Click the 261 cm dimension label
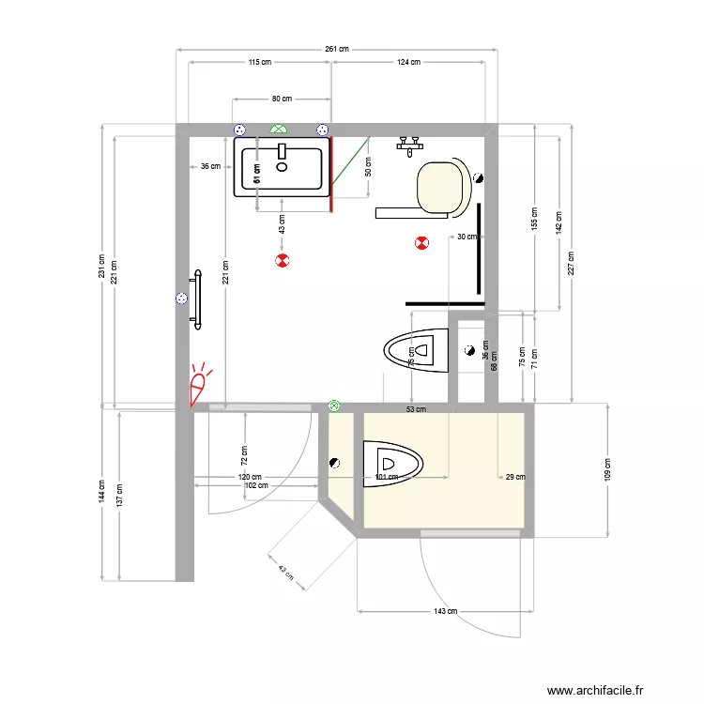click(337, 49)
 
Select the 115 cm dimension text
click(260, 62)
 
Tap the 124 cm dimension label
click(409, 62)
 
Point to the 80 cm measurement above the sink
click(282, 99)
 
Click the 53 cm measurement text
click(416, 409)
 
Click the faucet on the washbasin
click(282, 150)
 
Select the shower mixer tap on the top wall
click(409, 143)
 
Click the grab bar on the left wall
click(197, 299)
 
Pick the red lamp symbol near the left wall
click(199, 386)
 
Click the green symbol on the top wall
click(279, 129)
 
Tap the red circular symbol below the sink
click(282, 260)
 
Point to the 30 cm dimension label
click(467, 237)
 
